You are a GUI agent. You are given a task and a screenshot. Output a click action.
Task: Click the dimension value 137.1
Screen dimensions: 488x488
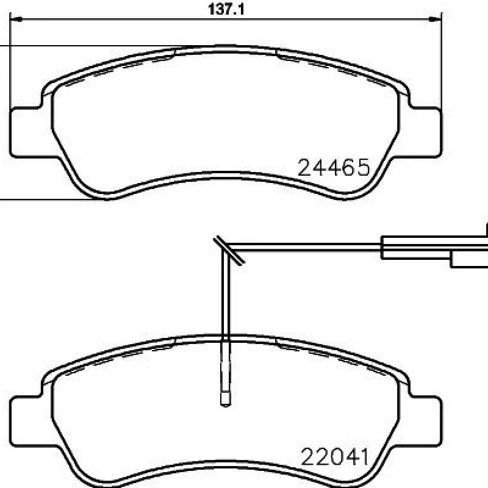coord(226,9)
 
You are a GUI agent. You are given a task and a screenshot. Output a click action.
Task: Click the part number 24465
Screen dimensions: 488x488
coord(334,167)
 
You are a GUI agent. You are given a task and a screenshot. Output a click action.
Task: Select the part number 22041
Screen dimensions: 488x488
coord(334,456)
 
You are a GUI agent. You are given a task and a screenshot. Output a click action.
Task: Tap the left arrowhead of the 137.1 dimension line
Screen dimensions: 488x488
coord(16,20)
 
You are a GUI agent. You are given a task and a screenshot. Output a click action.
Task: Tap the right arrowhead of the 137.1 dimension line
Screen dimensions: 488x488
coord(435,20)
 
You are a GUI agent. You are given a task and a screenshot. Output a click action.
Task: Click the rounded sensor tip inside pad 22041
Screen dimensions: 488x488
coord(225,400)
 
